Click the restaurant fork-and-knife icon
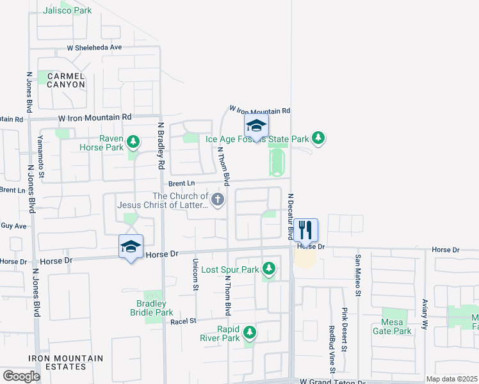[x=305, y=229]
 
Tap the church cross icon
[x=218, y=200]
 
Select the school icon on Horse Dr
[x=131, y=246]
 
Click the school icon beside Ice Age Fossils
[x=256, y=126]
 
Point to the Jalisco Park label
[x=67, y=10]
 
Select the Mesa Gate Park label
[x=392, y=326]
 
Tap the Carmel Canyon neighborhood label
[x=61, y=80]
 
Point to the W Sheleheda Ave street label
[x=95, y=47]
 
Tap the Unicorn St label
[x=195, y=275]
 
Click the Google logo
[x=21, y=376]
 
